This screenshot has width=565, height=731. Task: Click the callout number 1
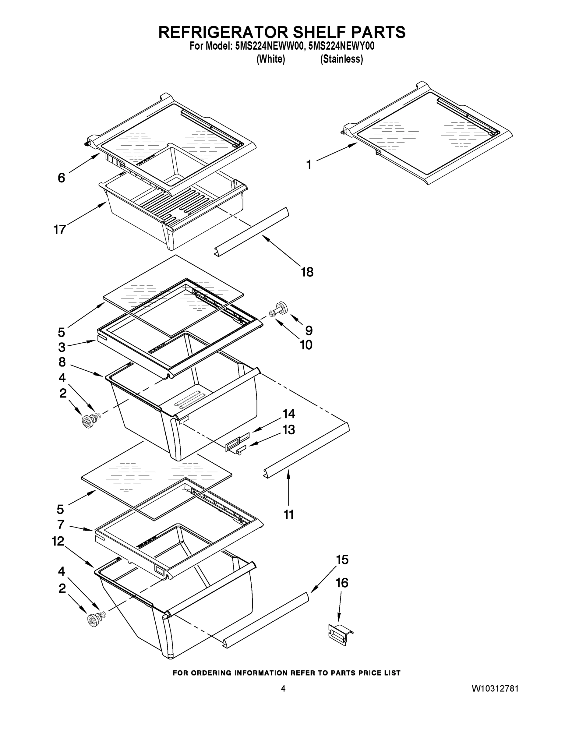[x=309, y=165]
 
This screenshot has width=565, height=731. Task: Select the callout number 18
[x=307, y=272]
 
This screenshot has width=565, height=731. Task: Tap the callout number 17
[x=60, y=230]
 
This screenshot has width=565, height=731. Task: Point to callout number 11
[x=288, y=514]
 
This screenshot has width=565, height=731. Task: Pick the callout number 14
[x=289, y=414]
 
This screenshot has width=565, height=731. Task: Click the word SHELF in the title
[x=319, y=33]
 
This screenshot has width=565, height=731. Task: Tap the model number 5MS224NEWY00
[x=341, y=46]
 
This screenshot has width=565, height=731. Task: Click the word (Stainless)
[x=341, y=59]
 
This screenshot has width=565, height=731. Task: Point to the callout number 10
[x=306, y=345]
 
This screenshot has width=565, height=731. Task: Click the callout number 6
[x=61, y=178]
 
